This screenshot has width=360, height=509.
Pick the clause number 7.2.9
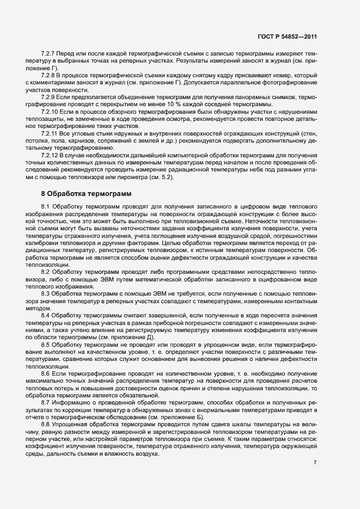pyautogui.click(x=48, y=96)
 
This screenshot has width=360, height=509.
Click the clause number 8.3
pyautogui.click(x=45, y=293)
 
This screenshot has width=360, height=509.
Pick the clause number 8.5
pyautogui.click(x=45, y=345)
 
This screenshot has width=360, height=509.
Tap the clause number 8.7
pyautogui.click(x=45, y=401)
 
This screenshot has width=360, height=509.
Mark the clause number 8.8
pyautogui.click(x=45, y=423)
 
